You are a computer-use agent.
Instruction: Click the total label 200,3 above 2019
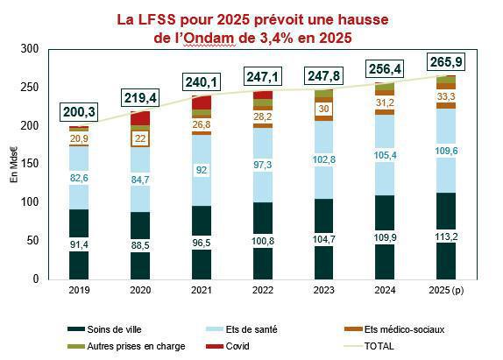(79, 112)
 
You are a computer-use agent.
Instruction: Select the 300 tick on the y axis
(32, 50)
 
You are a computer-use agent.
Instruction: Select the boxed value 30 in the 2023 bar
(323, 109)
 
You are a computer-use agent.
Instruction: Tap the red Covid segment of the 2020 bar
(140, 118)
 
